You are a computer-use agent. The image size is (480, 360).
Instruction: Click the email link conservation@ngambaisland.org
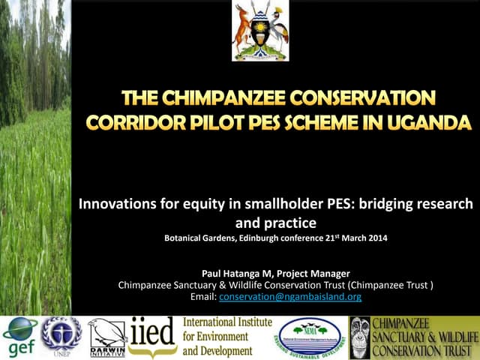point(290,297)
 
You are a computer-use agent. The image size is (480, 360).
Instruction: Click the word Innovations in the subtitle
point(122,204)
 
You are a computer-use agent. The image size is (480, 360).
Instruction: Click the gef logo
point(19,337)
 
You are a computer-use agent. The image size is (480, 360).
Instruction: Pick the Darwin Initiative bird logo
point(106,335)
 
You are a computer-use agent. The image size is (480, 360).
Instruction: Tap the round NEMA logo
point(308,337)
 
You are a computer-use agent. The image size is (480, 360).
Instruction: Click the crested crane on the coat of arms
point(279,30)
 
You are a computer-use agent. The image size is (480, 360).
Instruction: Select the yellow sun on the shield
point(261,31)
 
